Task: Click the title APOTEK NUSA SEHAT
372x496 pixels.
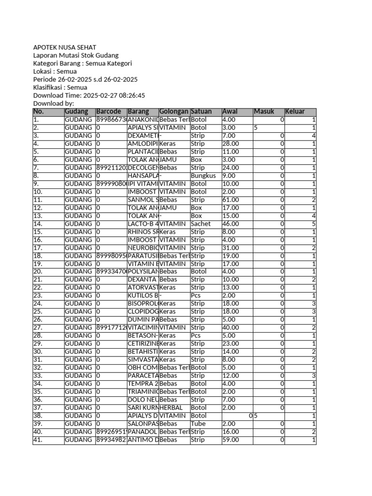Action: pyautogui.click(x=64, y=47)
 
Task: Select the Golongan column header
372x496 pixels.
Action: pyautogui.click(x=173, y=112)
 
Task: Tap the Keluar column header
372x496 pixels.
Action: pyautogui.click(x=295, y=112)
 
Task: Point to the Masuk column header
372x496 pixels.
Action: pyautogui.click(x=264, y=112)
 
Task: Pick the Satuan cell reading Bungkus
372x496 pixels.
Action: pyautogui.click(x=203, y=176)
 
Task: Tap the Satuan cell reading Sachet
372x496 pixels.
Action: pyautogui.click(x=201, y=224)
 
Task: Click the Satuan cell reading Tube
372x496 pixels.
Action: pyautogui.click(x=199, y=424)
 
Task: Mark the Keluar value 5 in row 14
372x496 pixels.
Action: pyautogui.click(x=314, y=224)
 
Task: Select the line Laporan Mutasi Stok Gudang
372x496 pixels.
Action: pyautogui.click(x=76, y=56)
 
